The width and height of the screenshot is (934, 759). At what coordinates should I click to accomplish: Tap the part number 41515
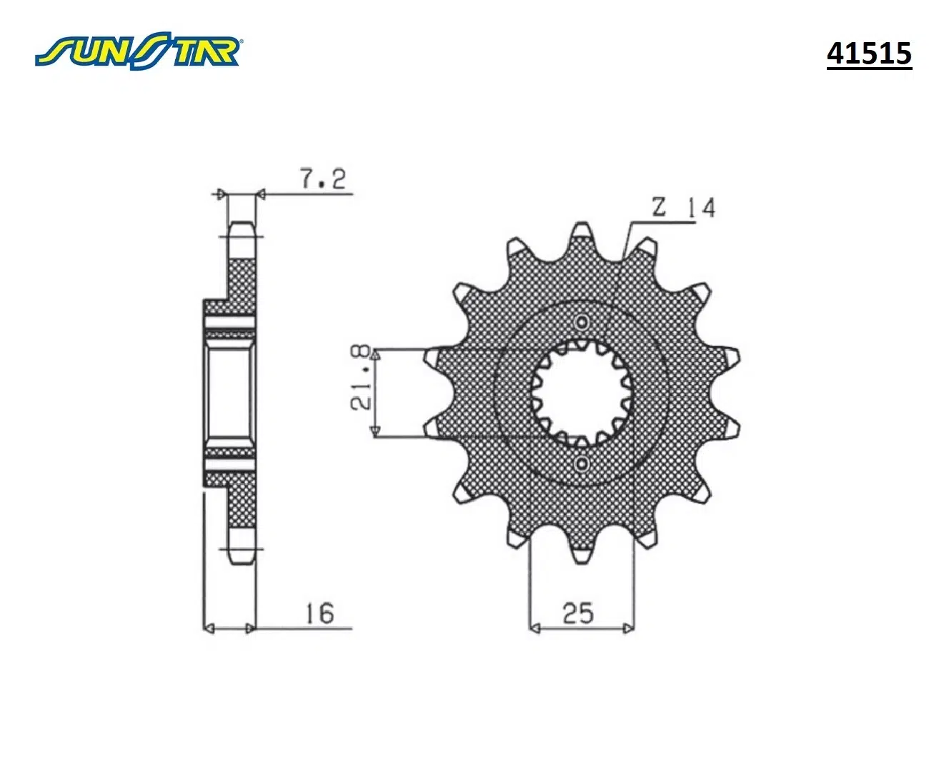point(869,54)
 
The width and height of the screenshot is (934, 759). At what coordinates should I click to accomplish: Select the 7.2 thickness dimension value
point(323,179)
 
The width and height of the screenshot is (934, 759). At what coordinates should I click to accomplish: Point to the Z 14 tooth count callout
point(683,208)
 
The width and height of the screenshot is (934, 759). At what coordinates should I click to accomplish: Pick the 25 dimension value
point(577,613)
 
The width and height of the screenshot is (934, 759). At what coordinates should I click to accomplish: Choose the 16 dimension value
point(319,613)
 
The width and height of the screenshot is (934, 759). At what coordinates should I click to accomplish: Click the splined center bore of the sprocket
point(582,393)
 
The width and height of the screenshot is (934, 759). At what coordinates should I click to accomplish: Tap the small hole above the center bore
point(582,323)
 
